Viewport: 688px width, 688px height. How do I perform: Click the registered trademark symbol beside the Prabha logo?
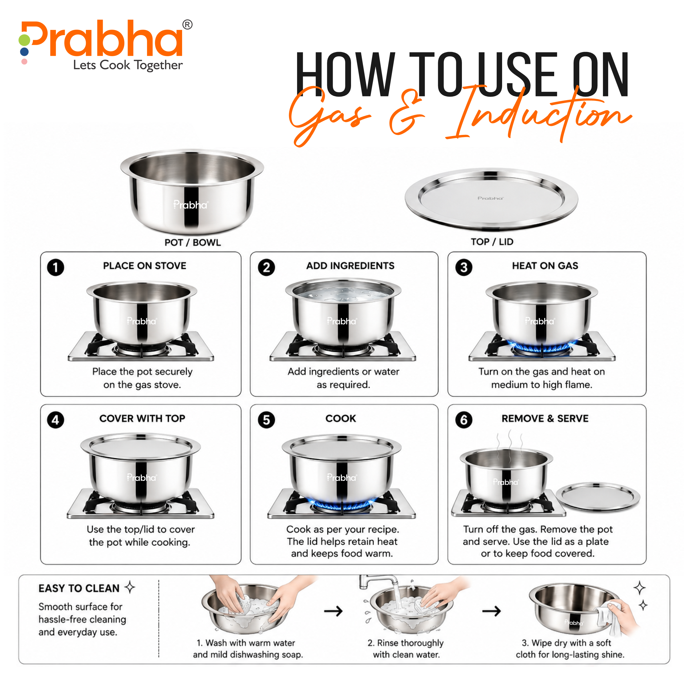pyautogui.click(x=187, y=25)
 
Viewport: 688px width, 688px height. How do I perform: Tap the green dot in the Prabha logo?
pyautogui.click(x=24, y=40)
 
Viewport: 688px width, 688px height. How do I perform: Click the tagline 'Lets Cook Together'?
pyautogui.click(x=128, y=65)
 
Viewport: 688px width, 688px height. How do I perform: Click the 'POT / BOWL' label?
pyautogui.click(x=193, y=243)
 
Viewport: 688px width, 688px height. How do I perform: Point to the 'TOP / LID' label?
pyautogui.click(x=492, y=242)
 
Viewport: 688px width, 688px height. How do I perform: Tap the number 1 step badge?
pyautogui.click(x=56, y=267)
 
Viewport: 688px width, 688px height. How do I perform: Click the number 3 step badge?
pyautogui.click(x=464, y=267)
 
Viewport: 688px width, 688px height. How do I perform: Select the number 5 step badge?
pyautogui.click(x=266, y=420)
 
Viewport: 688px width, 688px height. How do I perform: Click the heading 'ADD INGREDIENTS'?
pyautogui.click(x=350, y=266)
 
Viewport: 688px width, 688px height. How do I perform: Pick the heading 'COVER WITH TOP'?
pyautogui.click(x=142, y=418)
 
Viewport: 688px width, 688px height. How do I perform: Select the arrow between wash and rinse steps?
pyautogui.click(x=333, y=611)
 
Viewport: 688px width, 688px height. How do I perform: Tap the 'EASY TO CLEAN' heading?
pyautogui.click(x=79, y=588)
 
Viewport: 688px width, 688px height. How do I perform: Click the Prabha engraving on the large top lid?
pyautogui.click(x=490, y=198)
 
